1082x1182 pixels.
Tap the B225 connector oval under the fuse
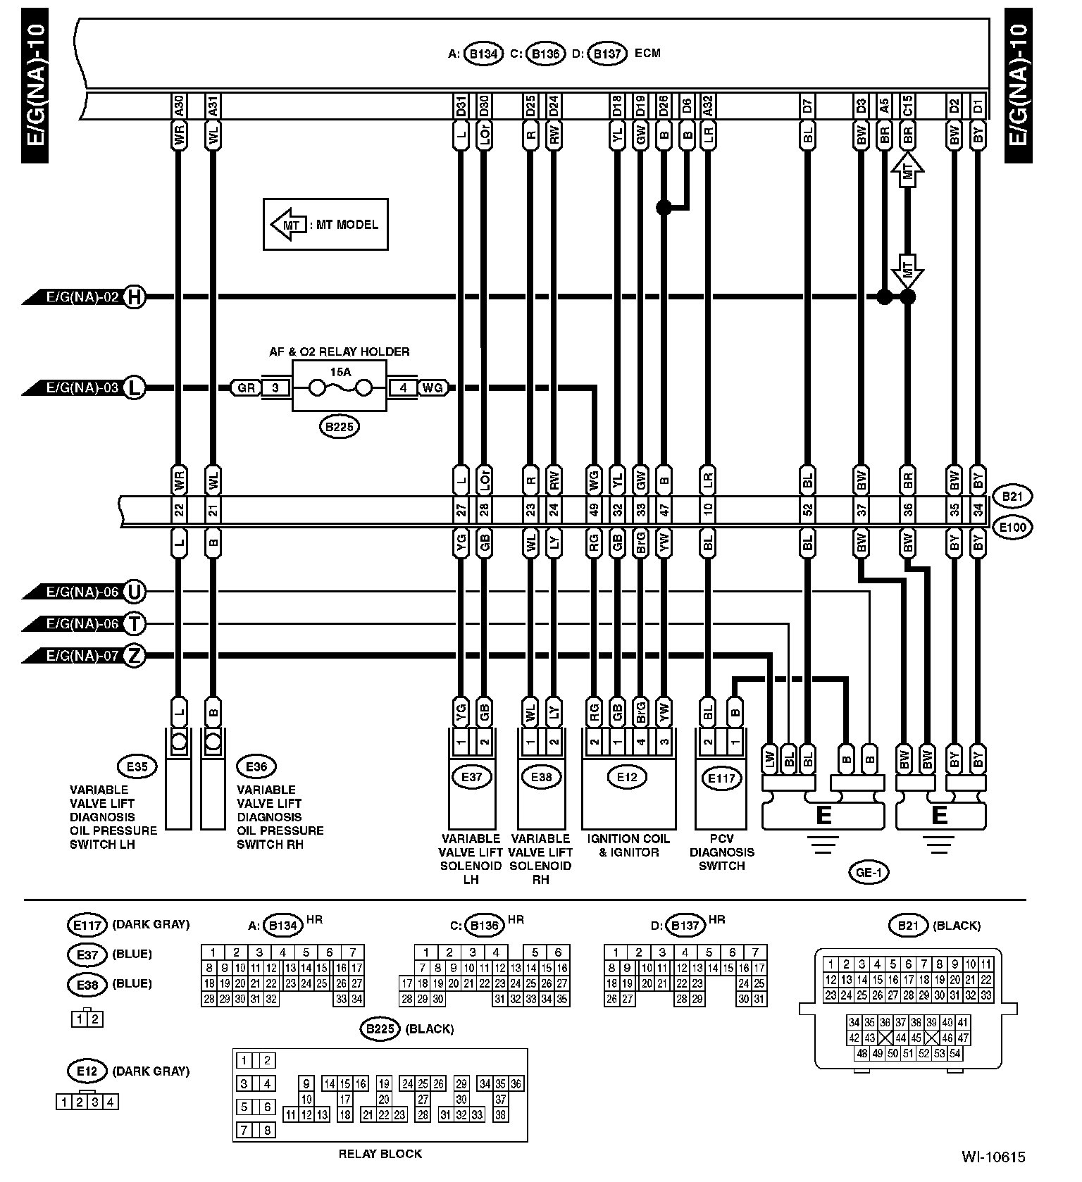pyautogui.click(x=340, y=426)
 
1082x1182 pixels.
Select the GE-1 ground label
pyautogui.click(x=869, y=873)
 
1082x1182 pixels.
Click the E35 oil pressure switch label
pyautogui.click(x=137, y=766)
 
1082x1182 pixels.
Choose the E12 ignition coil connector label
pyautogui.click(x=626, y=777)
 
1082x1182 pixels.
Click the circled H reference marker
pyautogui.click(x=134, y=298)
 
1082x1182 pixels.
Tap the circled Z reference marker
pyautogui.click(x=134, y=657)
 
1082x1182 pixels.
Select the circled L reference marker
pyautogui.click(x=134, y=387)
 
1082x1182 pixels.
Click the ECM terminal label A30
pyautogui.click(x=179, y=106)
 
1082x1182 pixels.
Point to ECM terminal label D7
pyautogui.click(x=807, y=106)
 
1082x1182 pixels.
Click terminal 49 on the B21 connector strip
pyautogui.click(x=594, y=509)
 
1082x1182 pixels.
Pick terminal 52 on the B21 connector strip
pyautogui.click(x=807, y=509)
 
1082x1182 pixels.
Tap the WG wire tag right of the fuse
pyautogui.click(x=433, y=387)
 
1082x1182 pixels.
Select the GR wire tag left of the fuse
pyautogui.click(x=246, y=387)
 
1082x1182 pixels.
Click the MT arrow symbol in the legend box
pyautogui.click(x=288, y=225)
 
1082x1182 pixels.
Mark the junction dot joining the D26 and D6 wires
pyautogui.click(x=663, y=207)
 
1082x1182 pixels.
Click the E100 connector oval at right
pyautogui.click(x=1012, y=527)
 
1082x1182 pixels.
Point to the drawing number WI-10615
pyautogui.click(x=993, y=1156)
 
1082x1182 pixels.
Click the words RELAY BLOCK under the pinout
pyautogui.click(x=380, y=1153)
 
